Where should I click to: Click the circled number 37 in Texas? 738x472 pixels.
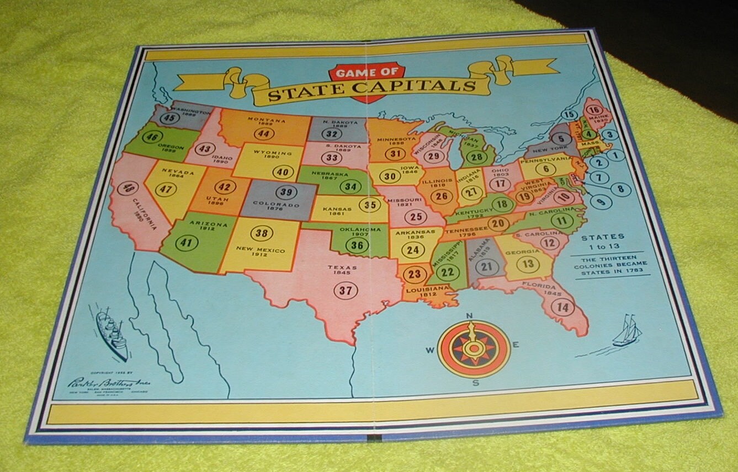click(345, 291)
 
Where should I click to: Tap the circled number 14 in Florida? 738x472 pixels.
click(563, 307)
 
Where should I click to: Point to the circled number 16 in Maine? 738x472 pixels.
click(594, 109)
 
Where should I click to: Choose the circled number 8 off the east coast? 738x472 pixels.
click(620, 189)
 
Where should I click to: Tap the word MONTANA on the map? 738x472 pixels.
click(267, 120)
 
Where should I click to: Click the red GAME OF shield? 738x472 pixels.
click(367, 81)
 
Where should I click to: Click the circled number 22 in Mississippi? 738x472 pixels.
click(448, 271)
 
